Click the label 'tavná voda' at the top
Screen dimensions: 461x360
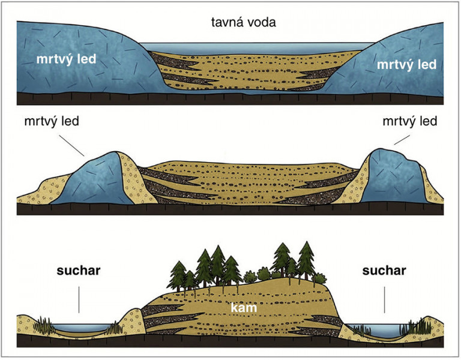click(244, 22)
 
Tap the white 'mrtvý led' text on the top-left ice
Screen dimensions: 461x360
click(66, 59)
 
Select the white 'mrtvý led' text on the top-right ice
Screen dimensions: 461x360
click(406, 65)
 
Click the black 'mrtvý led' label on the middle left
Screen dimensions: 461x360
click(52, 121)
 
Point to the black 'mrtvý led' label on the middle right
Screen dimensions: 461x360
click(410, 121)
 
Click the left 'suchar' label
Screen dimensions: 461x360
click(79, 271)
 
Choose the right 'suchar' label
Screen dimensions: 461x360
click(384, 271)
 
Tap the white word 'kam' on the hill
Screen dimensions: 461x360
click(244, 308)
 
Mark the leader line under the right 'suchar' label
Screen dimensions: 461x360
click(384, 300)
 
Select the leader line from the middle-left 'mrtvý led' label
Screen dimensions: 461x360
click(71, 145)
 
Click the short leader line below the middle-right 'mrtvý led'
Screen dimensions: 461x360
click(402, 140)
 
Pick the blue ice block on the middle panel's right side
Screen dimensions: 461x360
click(393, 178)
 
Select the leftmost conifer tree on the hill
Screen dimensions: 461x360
click(178, 275)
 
